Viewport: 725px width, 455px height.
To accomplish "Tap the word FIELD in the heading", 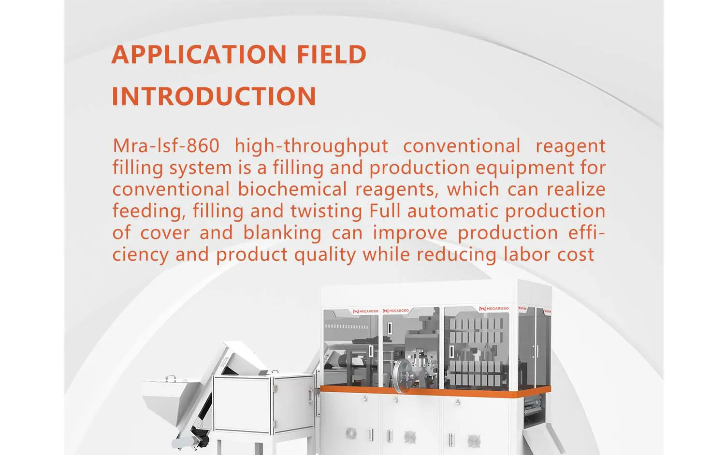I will coord(332,55).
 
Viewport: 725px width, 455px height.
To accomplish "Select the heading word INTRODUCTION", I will coord(214,96).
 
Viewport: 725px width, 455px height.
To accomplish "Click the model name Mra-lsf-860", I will coord(166,145).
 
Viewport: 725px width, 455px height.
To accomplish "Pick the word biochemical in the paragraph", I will coord(292,189).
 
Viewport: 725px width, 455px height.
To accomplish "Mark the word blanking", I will coord(282,233).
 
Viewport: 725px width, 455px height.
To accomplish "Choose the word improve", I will coord(410,233).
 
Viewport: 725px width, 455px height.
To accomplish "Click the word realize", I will coord(576,189).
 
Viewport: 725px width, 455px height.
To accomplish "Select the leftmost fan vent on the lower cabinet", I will coord(351,433).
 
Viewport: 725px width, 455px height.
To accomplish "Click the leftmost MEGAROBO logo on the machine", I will coord(365,311).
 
